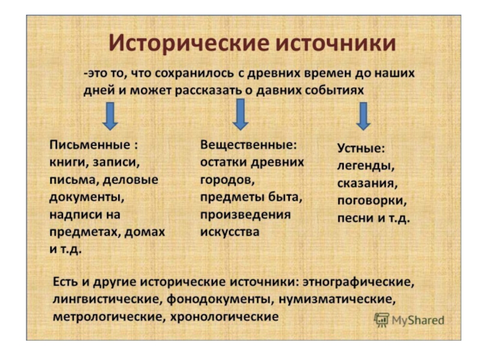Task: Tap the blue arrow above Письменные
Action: tap(110, 116)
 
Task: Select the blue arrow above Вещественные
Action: tap(240, 115)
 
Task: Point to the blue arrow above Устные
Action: tap(362, 116)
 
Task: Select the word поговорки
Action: tap(370, 200)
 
